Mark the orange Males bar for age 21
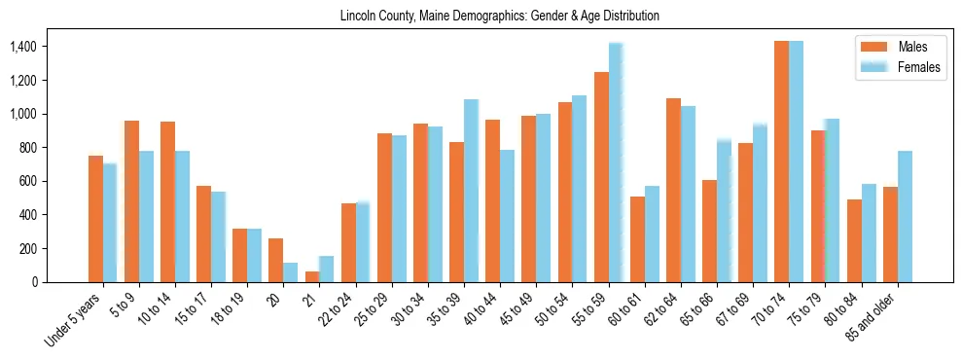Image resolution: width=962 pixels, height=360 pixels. (312, 276)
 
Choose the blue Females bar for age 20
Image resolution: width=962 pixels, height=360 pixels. (291, 272)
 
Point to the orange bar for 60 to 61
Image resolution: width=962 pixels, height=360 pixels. (637, 239)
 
